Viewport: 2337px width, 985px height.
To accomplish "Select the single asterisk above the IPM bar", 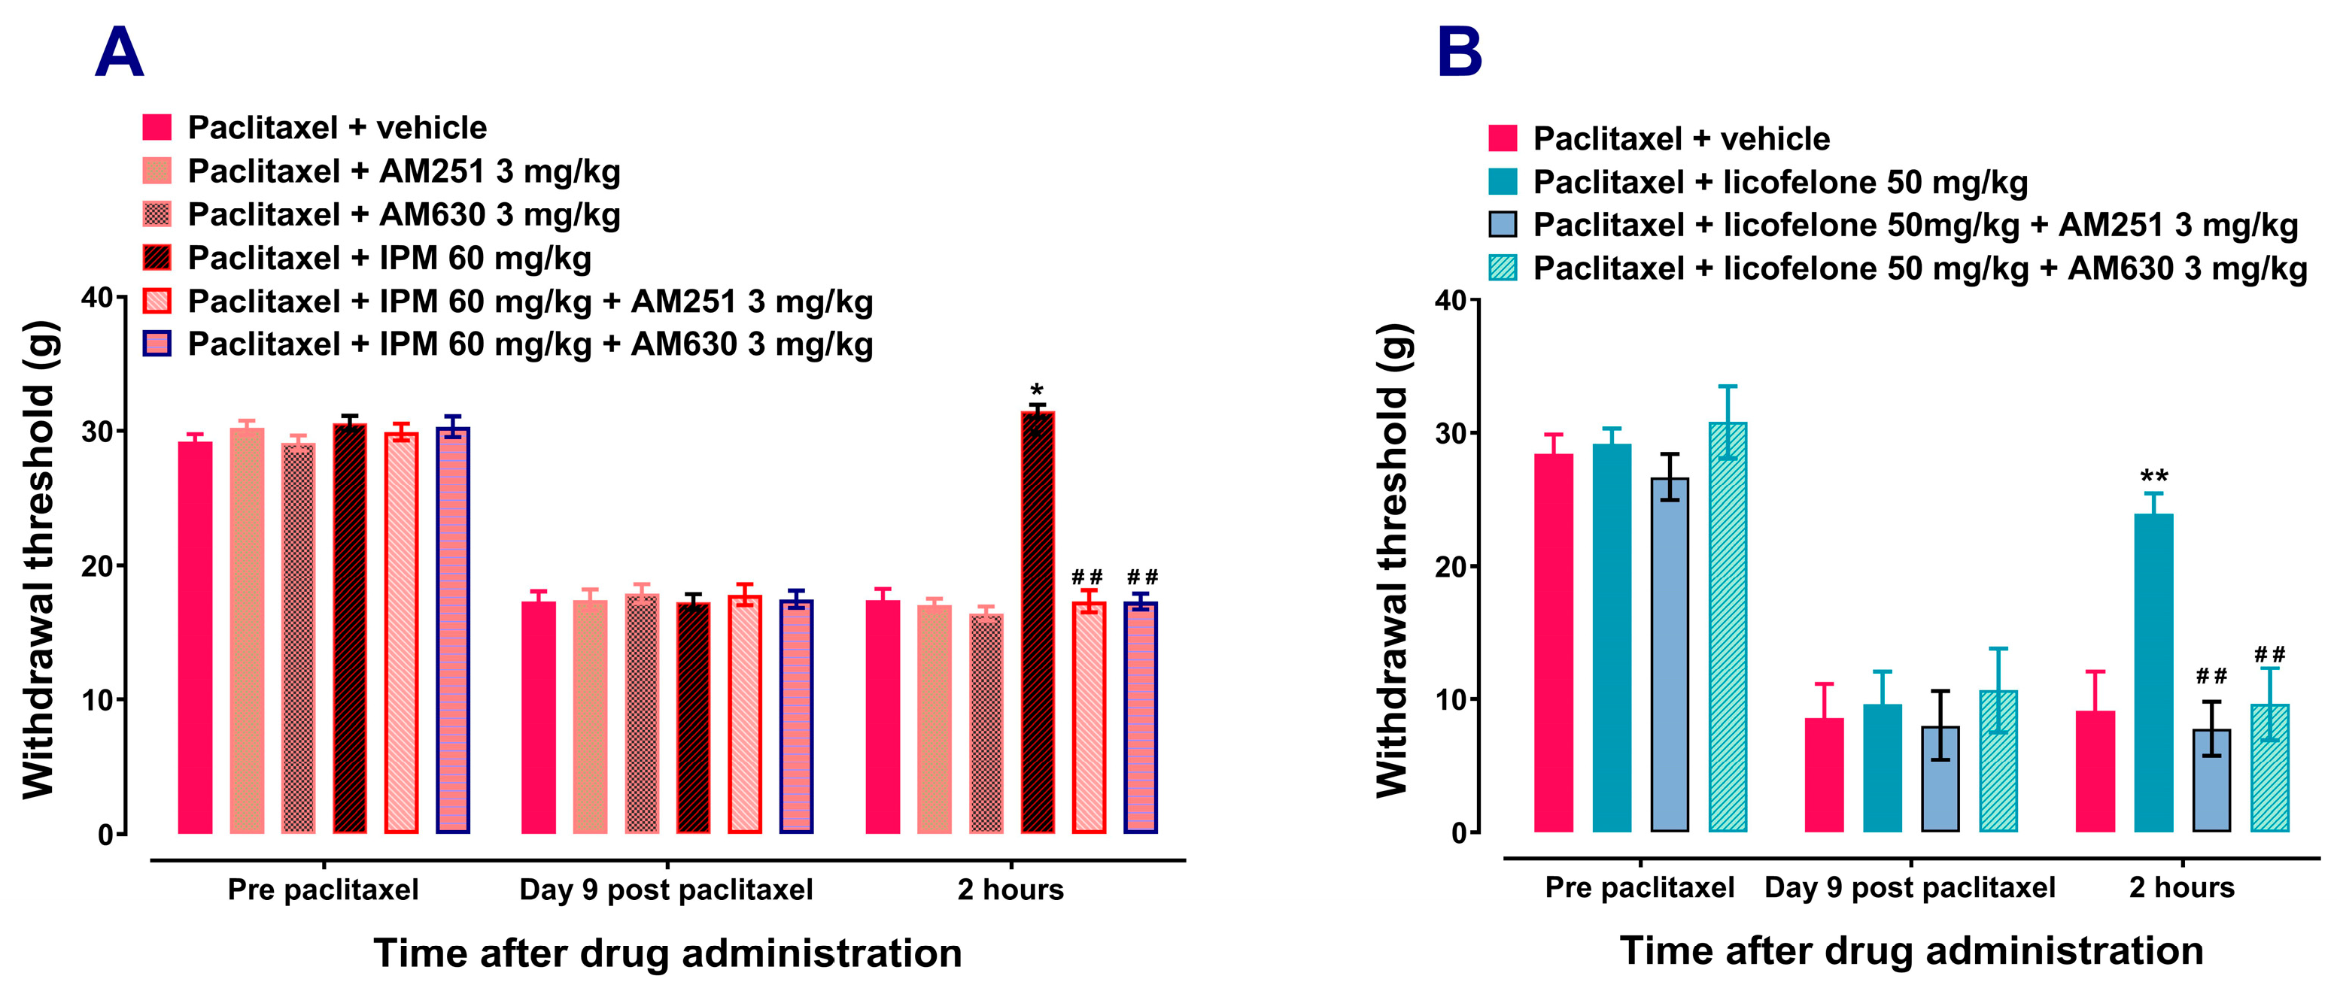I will point(1037,391).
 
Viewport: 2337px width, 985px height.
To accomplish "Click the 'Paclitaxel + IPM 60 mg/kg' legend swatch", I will point(157,258).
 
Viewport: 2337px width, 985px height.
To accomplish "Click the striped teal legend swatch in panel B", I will point(1503,268).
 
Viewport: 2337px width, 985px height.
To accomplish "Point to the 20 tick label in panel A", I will point(97,566).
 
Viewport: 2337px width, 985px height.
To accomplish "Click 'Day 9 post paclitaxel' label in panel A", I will point(666,890).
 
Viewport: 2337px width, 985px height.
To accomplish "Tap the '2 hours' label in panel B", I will point(2181,887).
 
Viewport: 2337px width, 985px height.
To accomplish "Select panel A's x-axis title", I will point(667,953).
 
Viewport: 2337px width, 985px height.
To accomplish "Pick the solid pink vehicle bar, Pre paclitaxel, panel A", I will point(195,638).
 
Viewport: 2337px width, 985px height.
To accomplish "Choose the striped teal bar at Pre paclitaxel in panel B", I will point(1728,628).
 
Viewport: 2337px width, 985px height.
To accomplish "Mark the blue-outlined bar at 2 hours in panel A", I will point(1141,717).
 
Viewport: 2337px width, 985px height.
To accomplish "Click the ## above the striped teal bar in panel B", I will point(2269,654).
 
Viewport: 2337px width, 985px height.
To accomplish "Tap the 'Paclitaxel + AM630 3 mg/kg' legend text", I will point(404,215).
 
